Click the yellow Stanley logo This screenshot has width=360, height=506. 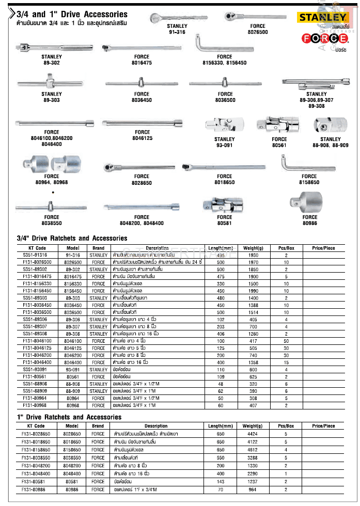pyautogui.click(x=316, y=17)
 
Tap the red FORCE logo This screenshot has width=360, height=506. pyautogui.click(x=316, y=38)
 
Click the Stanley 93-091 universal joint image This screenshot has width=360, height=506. pyautogui.click(x=224, y=125)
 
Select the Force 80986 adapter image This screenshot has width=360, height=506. pyautogui.click(x=309, y=200)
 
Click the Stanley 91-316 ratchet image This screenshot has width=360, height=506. pyautogui.click(x=176, y=17)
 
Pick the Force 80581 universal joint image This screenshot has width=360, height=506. pyautogui.click(x=224, y=203)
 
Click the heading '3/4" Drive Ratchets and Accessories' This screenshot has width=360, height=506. pyautogui.click(x=72, y=239)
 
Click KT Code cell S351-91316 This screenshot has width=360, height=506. pyautogui.click(x=35, y=255)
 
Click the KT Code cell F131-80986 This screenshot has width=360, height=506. pyautogui.click(x=35, y=489)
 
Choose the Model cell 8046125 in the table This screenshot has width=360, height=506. pyautogui.click(x=72, y=349)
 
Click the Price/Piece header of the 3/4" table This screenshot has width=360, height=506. pyautogui.click(x=323, y=248)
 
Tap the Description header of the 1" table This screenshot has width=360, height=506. pyautogui.click(x=156, y=426)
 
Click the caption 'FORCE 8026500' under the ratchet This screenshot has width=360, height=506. pyautogui.click(x=258, y=28)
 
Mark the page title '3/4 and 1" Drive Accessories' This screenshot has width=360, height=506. pyautogui.click(x=72, y=14)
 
